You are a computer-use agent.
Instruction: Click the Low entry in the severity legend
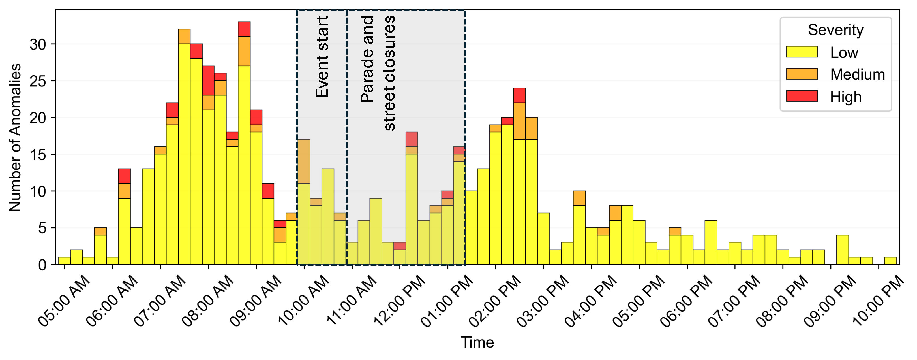point(844,52)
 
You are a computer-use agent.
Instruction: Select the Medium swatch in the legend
point(802,74)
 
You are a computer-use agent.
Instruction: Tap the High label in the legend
point(845,97)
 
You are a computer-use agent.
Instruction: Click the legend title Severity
point(835,30)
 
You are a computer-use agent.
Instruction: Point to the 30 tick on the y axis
point(38,44)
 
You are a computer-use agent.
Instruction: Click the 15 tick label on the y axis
point(38,155)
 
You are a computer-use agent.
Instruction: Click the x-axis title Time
point(477,342)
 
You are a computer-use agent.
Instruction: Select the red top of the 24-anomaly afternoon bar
point(519,95)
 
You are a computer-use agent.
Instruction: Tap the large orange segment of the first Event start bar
point(304,161)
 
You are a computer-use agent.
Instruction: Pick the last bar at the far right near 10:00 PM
point(890,261)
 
